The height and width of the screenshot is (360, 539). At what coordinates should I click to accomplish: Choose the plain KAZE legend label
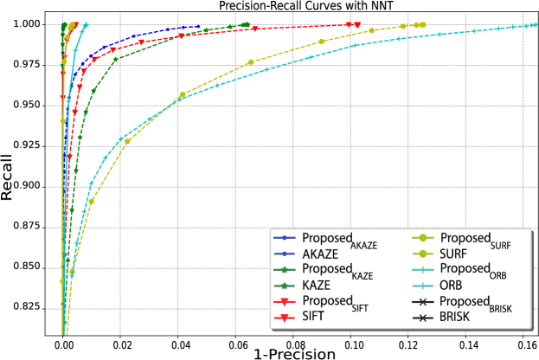(318, 286)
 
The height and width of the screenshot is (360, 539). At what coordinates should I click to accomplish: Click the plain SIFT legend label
(314, 318)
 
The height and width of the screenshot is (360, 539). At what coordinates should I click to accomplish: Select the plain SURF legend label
(455, 255)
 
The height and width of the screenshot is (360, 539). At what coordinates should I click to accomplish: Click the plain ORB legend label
(452, 286)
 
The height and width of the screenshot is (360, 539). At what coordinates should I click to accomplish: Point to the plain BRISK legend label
(456, 318)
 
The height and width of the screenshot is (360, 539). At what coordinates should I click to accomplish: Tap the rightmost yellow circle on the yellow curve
(422, 25)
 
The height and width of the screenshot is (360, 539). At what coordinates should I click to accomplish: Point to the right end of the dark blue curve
(198, 27)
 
